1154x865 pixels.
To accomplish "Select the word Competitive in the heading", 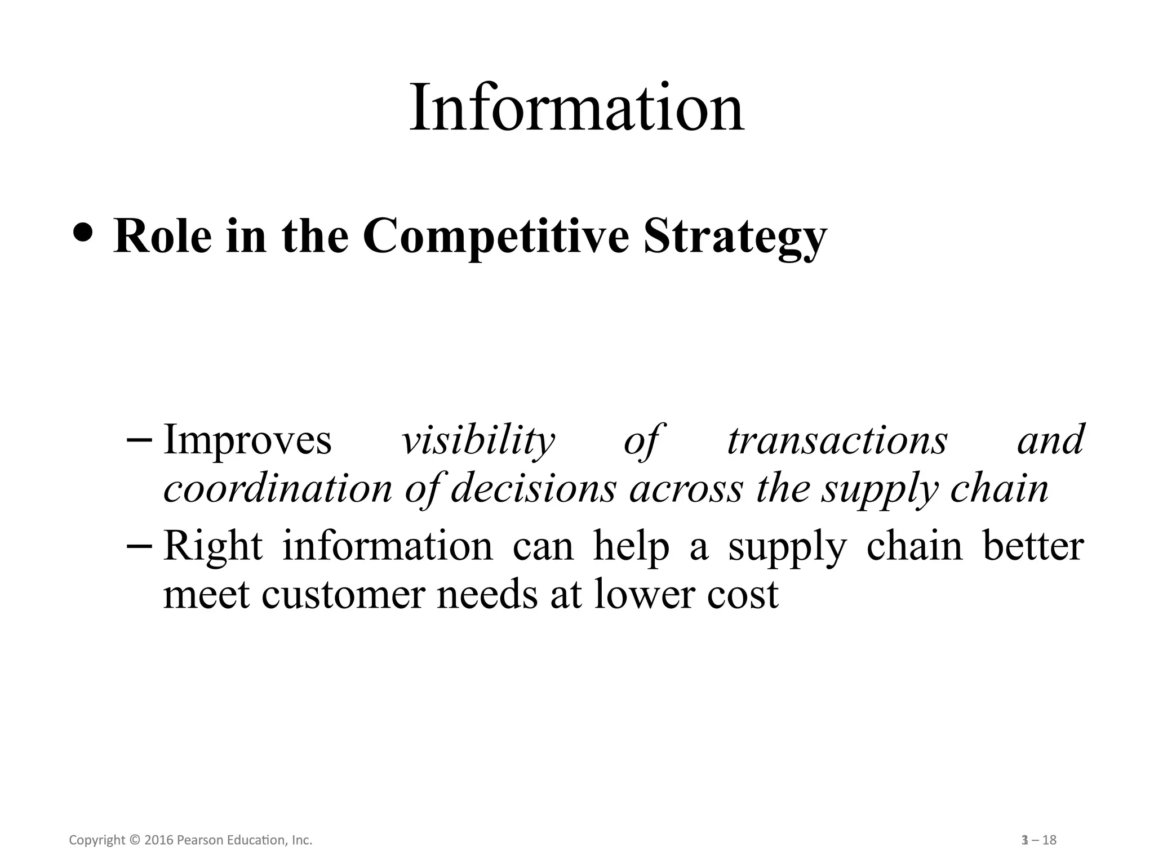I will click(495, 237).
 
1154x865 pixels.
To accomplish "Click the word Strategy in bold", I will click(735, 237).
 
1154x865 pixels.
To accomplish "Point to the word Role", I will click(162, 236).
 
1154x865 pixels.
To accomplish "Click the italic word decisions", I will click(533, 489).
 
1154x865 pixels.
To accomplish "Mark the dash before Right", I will click(143, 545).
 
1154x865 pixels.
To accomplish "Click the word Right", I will click(213, 546).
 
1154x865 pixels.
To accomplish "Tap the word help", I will click(631, 546).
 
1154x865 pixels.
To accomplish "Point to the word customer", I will click(342, 595).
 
